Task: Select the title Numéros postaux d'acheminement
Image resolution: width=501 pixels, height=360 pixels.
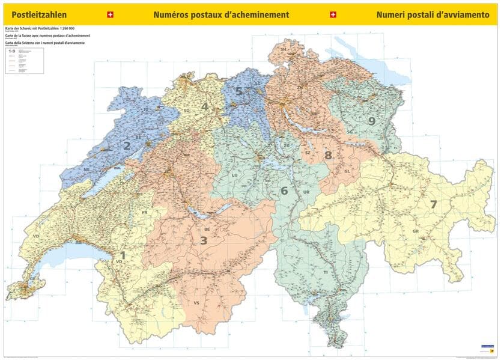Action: click(221, 14)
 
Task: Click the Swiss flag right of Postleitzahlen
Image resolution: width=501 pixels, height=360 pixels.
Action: click(109, 14)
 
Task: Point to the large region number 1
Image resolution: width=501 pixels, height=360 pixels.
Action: click(123, 255)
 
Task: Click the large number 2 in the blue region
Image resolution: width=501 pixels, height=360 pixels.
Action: click(127, 145)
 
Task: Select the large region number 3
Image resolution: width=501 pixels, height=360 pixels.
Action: click(204, 240)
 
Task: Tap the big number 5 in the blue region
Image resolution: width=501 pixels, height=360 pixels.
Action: click(238, 91)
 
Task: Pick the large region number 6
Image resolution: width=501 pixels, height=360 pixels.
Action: click(284, 191)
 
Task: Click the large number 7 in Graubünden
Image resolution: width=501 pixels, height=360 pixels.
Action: click(433, 204)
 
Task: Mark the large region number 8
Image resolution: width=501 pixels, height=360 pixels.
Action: click(328, 155)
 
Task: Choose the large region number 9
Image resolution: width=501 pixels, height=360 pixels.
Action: click(372, 121)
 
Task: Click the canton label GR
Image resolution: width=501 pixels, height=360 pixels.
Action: click(415, 231)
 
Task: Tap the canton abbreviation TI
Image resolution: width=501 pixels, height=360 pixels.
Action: click(326, 272)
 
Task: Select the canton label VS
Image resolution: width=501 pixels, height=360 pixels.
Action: click(196, 303)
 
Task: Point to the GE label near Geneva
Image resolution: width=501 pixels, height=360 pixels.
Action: click(33, 280)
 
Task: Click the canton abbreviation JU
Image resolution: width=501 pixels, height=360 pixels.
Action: click(145, 109)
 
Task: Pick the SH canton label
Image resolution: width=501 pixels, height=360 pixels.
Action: click(284, 49)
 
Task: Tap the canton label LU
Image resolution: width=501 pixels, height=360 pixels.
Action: click(235, 175)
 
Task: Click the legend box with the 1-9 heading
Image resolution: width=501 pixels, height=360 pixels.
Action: click(24, 61)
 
